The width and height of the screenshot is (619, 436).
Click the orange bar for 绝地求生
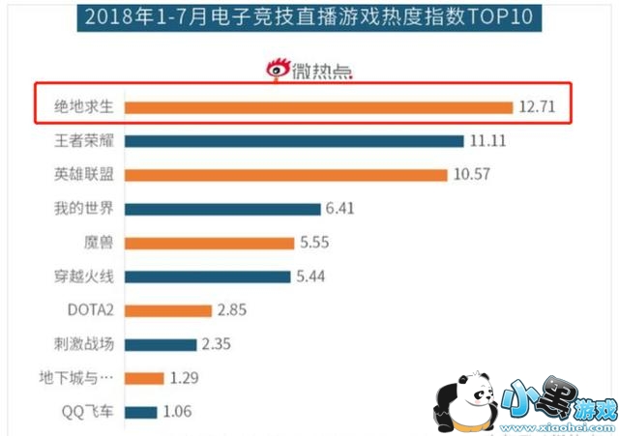point(319,107)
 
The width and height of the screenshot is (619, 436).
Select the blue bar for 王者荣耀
point(295,141)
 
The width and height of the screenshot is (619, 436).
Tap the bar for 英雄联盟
point(286,175)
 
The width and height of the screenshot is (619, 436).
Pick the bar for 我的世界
point(222,209)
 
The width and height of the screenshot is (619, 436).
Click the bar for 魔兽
point(210,243)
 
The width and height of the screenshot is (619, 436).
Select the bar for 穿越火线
point(208,276)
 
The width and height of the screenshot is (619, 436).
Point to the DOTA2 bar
point(168,310)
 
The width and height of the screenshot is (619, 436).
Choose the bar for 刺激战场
point(162,344)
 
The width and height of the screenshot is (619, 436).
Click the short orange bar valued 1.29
point(145,378)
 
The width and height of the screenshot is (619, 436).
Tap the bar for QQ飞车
point(141,412)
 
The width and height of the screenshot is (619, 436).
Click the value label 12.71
point(537,107)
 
